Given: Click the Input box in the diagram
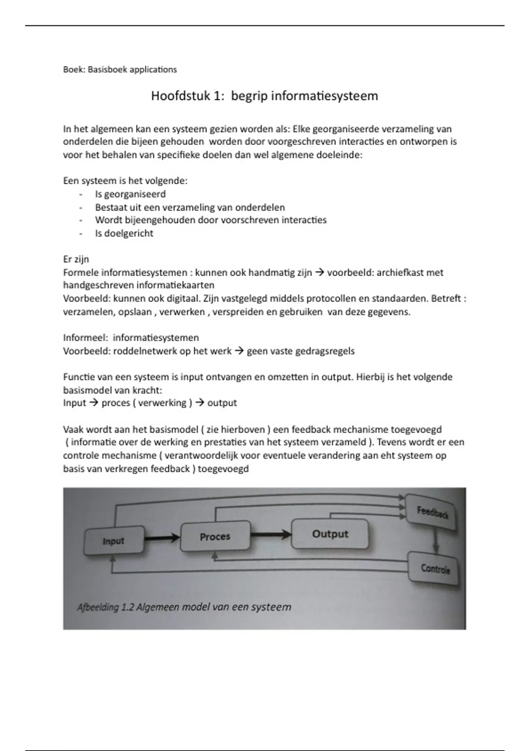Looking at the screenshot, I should point(114,541).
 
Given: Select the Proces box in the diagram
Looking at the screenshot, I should point(215,536).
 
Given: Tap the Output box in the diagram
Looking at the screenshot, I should point(330,534).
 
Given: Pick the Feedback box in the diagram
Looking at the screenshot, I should point(432,512).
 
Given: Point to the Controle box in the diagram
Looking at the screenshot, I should point(435,568).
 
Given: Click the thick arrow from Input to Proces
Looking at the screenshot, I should point(162,538).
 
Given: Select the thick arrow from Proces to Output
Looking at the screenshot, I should point(271,535).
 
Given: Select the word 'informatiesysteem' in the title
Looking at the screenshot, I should point(324,96).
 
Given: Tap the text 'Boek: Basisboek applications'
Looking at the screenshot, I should point(120,69).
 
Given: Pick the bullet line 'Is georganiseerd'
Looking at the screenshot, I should point(130,194).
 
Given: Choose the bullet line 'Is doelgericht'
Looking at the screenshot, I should point(124,233).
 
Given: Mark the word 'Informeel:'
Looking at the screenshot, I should point(86,338).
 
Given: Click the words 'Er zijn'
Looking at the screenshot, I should point(76,259).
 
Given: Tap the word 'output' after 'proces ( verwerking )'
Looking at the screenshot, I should point(222,403).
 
